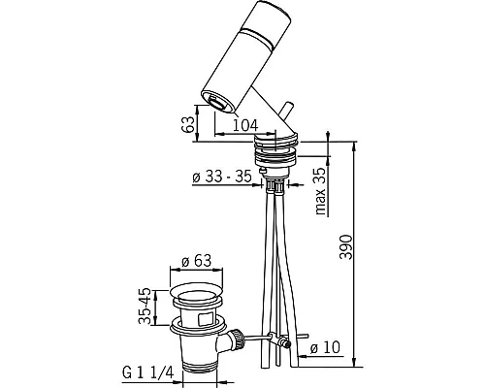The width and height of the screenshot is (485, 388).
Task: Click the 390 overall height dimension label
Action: pyautogui.click(x=345, y=247)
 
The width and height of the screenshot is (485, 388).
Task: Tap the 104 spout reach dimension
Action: pyautogui.click(x=245, y=125)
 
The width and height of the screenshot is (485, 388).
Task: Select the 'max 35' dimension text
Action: pyautogui.click(x=320, y=191)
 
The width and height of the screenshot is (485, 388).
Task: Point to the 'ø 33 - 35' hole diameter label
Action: pyautogui.click(x=222, y=177)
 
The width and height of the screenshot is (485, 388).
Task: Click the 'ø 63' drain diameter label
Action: pyautogui.click(x=196, y=260)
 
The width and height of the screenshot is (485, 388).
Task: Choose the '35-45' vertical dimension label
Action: pyautogui.click(x=145, y=306)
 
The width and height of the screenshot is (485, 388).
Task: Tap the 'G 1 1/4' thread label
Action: pyautogui.click(x=148, y=373)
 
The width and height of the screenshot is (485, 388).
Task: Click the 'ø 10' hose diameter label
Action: pyautogui.click(x=325, y=348)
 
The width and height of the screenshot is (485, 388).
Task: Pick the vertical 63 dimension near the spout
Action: pyautogui.click(x=188, y=124)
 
